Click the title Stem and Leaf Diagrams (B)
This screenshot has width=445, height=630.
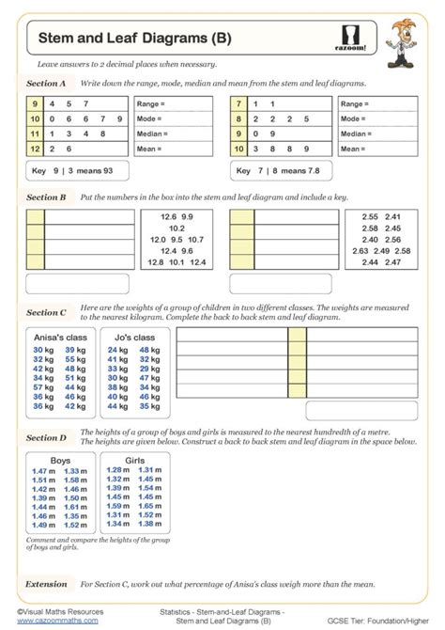point(122,39)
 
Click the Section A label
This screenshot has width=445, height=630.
point(46,83)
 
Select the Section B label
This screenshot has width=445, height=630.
point(46,197)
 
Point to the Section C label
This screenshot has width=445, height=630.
point(46,312)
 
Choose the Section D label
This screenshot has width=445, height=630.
point(46,437)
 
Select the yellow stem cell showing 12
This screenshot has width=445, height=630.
point(36,149)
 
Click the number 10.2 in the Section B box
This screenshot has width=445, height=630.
point(172,228)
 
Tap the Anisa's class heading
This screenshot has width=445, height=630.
point(58,338)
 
